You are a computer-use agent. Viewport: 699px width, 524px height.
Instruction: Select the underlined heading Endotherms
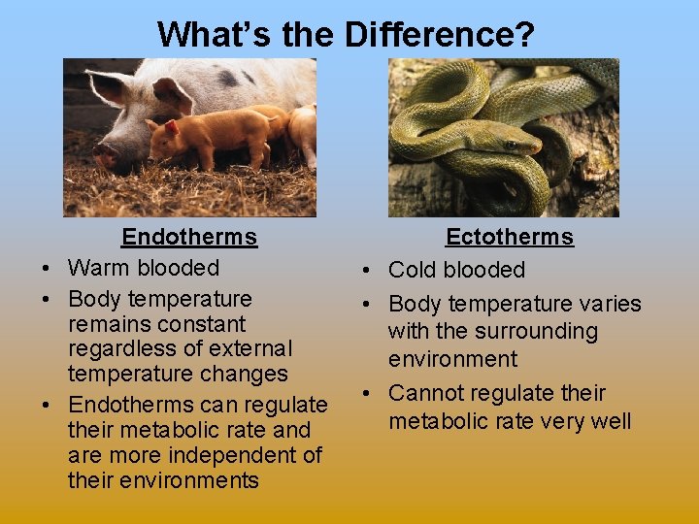point(189,237)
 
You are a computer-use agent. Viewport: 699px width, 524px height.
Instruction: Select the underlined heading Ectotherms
point(510,238)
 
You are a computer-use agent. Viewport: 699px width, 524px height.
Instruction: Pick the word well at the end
point(608,421)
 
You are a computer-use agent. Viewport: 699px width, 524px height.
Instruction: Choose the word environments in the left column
point(163,480)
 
